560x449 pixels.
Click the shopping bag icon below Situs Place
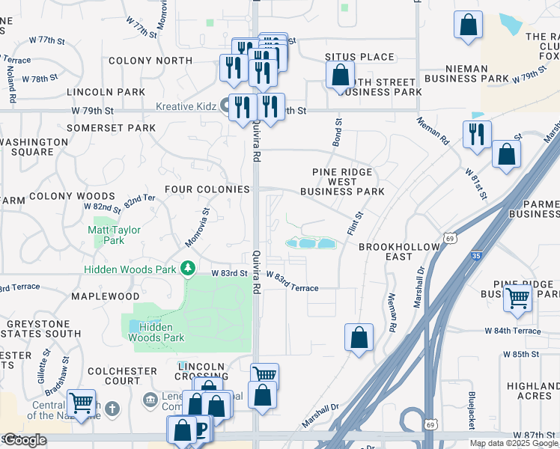coord(340,75)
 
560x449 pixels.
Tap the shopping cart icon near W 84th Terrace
coord(518,298)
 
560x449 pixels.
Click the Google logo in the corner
coord(25,440)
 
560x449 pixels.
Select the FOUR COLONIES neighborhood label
coord(207,189)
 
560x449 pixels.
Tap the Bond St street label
coord(338,131)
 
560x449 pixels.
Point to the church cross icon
coord(112,409)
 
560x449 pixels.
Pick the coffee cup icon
coord(200,430)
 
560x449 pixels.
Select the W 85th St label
coord(521,354)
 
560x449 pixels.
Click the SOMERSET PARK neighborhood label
coord(111,128)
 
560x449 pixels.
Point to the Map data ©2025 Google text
coord(514,443)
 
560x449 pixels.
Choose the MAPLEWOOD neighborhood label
coord(106,296)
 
